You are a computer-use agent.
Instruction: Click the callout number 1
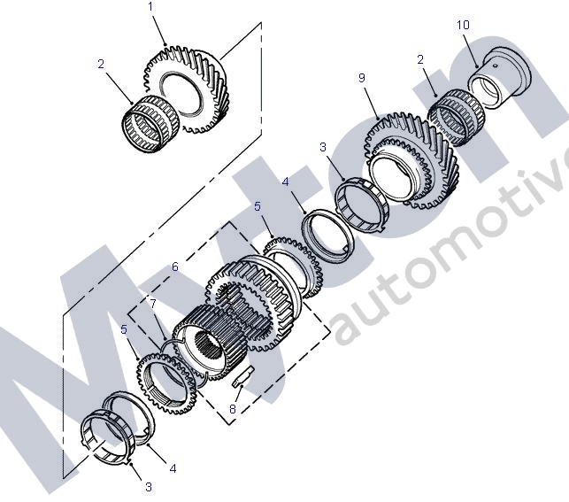tap(151, 7)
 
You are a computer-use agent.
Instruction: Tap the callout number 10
tap(463, 26)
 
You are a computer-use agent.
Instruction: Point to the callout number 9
tap(362, 79)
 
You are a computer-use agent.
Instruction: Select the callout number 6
tap(174, 266)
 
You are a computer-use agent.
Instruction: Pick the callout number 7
tap(152, 304)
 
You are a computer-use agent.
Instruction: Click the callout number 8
tap(232, 410)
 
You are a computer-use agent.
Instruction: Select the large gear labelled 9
tap(416, 164)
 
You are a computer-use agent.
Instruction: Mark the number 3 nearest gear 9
tap(323, 147)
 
